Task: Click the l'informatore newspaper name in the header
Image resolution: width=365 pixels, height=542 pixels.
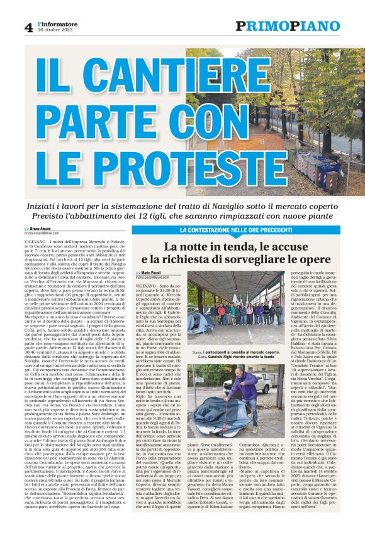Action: pos(58,24)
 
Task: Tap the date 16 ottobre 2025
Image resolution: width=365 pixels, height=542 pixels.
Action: pos(55,31)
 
